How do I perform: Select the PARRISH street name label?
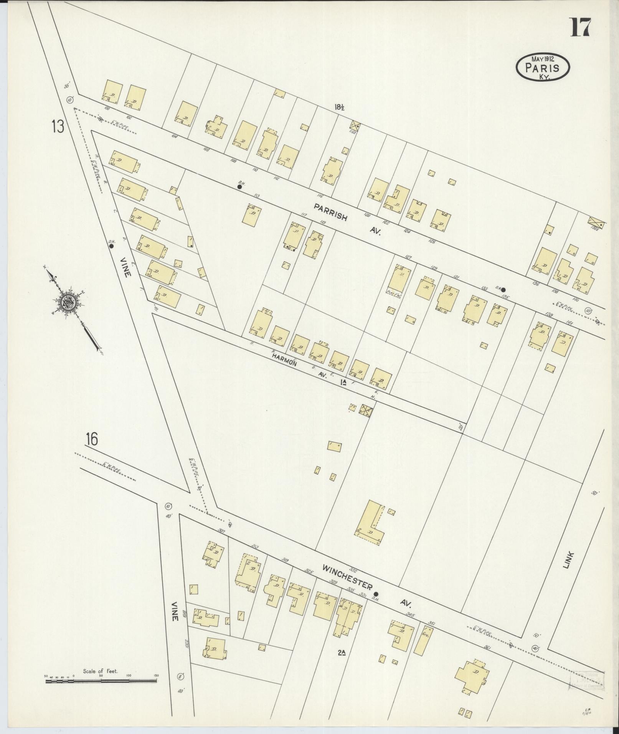point(330,213)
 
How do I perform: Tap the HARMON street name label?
point(284,360)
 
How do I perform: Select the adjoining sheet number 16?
point(92,439)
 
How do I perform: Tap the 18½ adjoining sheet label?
point(339,107)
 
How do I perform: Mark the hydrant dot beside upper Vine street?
point(112,247)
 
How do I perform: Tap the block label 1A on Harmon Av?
point(343,383)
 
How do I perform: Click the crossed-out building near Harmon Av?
point(366,410)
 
